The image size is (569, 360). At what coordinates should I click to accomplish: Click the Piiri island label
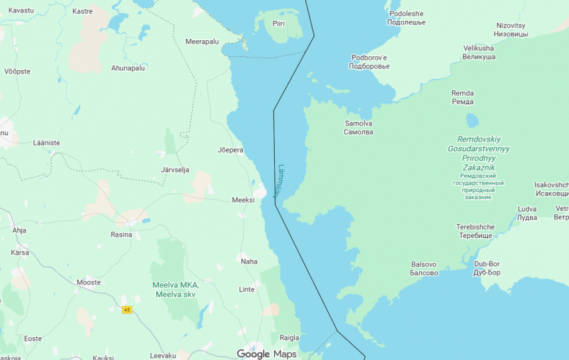click(x=278, y=24)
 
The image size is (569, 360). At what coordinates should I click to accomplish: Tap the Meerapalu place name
click(x=202, y=42)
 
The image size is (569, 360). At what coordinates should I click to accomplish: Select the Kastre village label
click(x=83, y=11)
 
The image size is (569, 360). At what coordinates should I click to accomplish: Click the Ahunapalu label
click(x=128, y=68)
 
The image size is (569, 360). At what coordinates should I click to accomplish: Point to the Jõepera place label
click(x=230, y=150)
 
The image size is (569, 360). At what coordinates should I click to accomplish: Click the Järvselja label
click(x=174, y=170)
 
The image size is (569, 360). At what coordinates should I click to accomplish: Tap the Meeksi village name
click(x=244, y=200)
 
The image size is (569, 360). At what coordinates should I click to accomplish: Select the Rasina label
click(x=121, y=234)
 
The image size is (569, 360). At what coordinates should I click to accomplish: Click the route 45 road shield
click(x=127, y=309)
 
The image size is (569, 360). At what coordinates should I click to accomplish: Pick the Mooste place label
click(x=88, y=282)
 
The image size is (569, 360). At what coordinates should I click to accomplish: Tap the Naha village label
click(x=248, y=262)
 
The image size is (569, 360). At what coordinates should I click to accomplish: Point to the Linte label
click(x=246, y=289)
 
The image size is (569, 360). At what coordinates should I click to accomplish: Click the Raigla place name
click(x=289, y=338)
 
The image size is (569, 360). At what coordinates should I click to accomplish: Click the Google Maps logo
click(x=266, y=354)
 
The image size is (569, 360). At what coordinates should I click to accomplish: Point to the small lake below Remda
click(x=473, y=120)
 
